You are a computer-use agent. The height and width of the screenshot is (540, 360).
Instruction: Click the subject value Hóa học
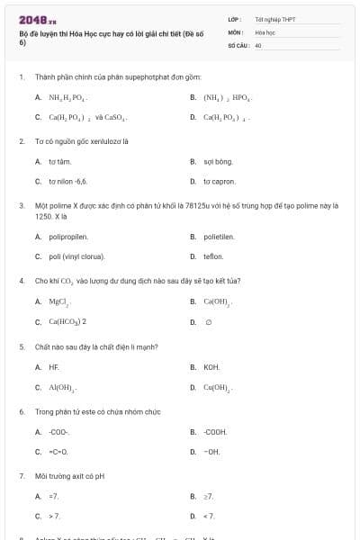(x=264, y=31)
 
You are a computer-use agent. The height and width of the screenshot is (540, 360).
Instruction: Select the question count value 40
(x=258, y=44)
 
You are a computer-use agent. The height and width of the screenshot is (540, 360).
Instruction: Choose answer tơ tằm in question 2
(x=59, y=161)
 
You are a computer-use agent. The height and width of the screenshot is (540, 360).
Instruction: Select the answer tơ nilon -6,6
(x=67, y=181)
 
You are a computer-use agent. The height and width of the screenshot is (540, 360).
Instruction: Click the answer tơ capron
(x=219, y=181)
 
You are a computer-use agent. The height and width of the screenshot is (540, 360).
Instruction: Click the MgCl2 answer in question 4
(x=59, y=301)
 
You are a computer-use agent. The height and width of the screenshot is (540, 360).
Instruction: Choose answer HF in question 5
(x=53, y=367)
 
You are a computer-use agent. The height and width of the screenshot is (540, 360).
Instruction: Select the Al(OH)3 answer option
(x=62, y=387)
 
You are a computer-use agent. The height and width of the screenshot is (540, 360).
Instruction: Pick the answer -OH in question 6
(x=211, y=451)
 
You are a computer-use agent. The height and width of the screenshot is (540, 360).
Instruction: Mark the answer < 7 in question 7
(x=210, y=516)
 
